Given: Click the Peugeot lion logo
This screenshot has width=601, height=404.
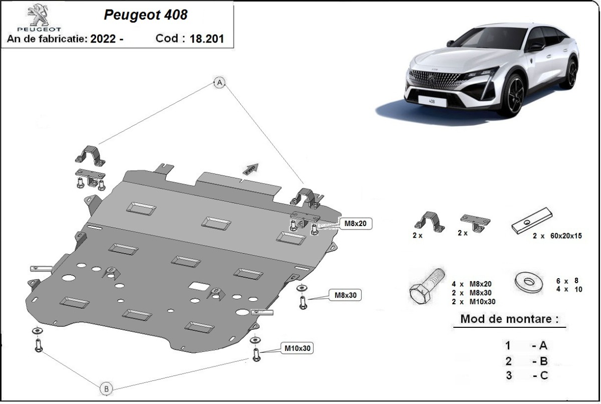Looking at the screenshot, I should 37,15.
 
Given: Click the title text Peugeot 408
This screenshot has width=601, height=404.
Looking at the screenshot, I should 145,15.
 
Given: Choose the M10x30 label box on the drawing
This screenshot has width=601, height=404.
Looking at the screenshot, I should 297,348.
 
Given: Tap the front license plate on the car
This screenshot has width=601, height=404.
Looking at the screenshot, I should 430,101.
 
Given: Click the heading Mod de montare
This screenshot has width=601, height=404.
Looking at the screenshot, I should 509,319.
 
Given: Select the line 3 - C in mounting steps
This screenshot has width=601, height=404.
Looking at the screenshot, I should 526,375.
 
